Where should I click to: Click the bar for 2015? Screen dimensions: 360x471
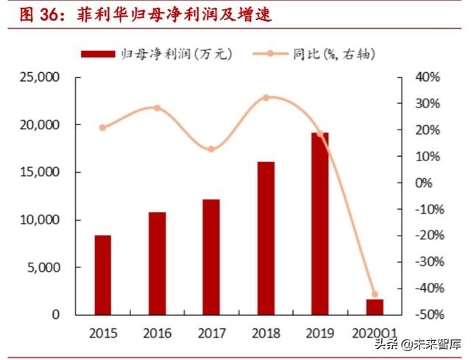coord(103,275)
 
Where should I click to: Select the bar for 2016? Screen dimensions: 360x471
coord(157,263)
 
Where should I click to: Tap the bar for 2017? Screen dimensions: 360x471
coord(211,257)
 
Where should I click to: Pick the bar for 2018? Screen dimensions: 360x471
coord(266,238)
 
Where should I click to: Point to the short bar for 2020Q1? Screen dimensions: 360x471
coord(374,306)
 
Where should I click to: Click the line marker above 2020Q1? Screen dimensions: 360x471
coord(374,294)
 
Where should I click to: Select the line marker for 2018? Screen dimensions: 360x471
coord(266,97)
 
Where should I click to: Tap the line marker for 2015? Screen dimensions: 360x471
coord(103,127)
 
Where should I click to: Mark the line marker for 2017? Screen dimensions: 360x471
coord(211,149)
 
